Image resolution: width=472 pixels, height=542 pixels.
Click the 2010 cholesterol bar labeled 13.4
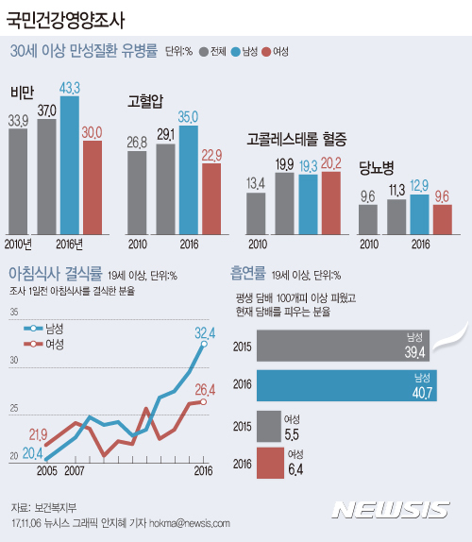pos(256,212)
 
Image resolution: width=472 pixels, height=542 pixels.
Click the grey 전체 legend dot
pos(203,52)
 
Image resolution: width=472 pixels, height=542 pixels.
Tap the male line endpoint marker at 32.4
pos(203,344)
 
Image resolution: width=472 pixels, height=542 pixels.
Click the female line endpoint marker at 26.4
pos(203,402)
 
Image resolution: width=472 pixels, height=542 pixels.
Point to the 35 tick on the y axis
pos(13,312)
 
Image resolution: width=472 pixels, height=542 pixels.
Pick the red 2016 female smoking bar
pos(269,464)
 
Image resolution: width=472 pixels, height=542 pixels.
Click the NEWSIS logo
pos(394,510)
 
